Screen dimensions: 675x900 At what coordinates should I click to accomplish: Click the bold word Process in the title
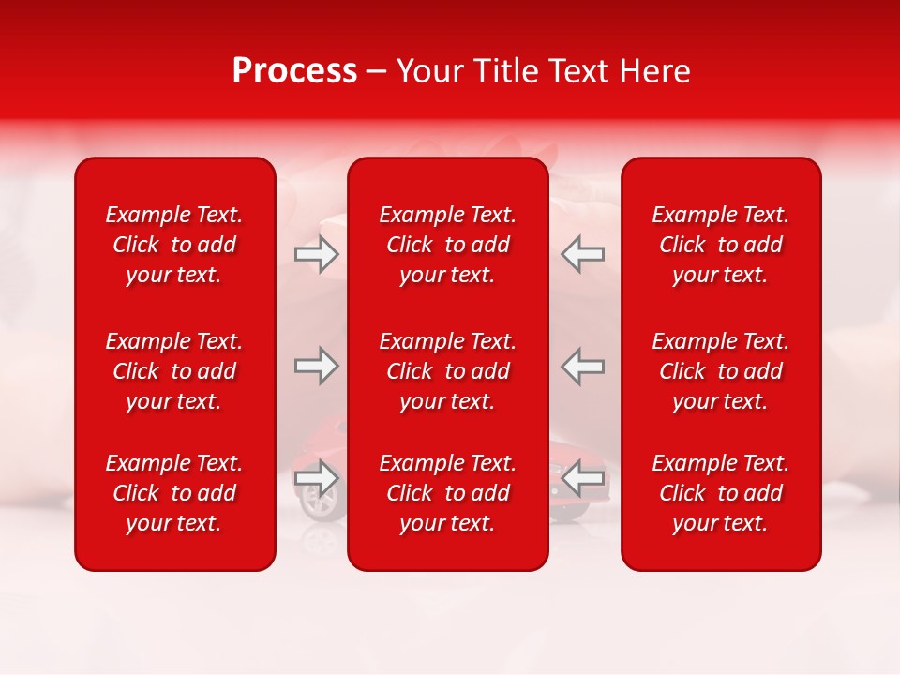tap(294, 71)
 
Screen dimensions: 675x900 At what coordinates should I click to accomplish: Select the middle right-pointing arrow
tap(316, 366)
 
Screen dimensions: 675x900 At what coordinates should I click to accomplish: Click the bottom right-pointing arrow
tap(316, 478)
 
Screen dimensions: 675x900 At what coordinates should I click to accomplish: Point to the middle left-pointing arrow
tap(582, 366)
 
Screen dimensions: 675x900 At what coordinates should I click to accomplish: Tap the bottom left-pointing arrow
tap(582, 478)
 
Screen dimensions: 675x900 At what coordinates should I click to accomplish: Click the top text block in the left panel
tap(174, 245)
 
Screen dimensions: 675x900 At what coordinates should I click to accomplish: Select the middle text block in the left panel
tap(174, 371)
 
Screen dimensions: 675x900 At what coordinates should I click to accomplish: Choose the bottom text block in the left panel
tap(174, 493)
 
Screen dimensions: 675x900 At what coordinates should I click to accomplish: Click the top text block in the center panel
tap(447, 245)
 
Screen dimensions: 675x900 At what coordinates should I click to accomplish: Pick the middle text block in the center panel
tap(447, 371)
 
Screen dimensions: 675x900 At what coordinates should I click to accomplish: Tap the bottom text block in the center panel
tap(447, 493)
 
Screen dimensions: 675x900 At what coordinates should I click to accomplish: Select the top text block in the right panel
tap(720, 245)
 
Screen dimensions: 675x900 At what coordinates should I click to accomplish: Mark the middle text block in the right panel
tap(720, 371)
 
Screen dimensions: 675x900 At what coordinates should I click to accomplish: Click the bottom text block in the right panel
tap(720, 493)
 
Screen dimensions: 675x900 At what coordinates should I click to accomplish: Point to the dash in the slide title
tap(377, 72)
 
